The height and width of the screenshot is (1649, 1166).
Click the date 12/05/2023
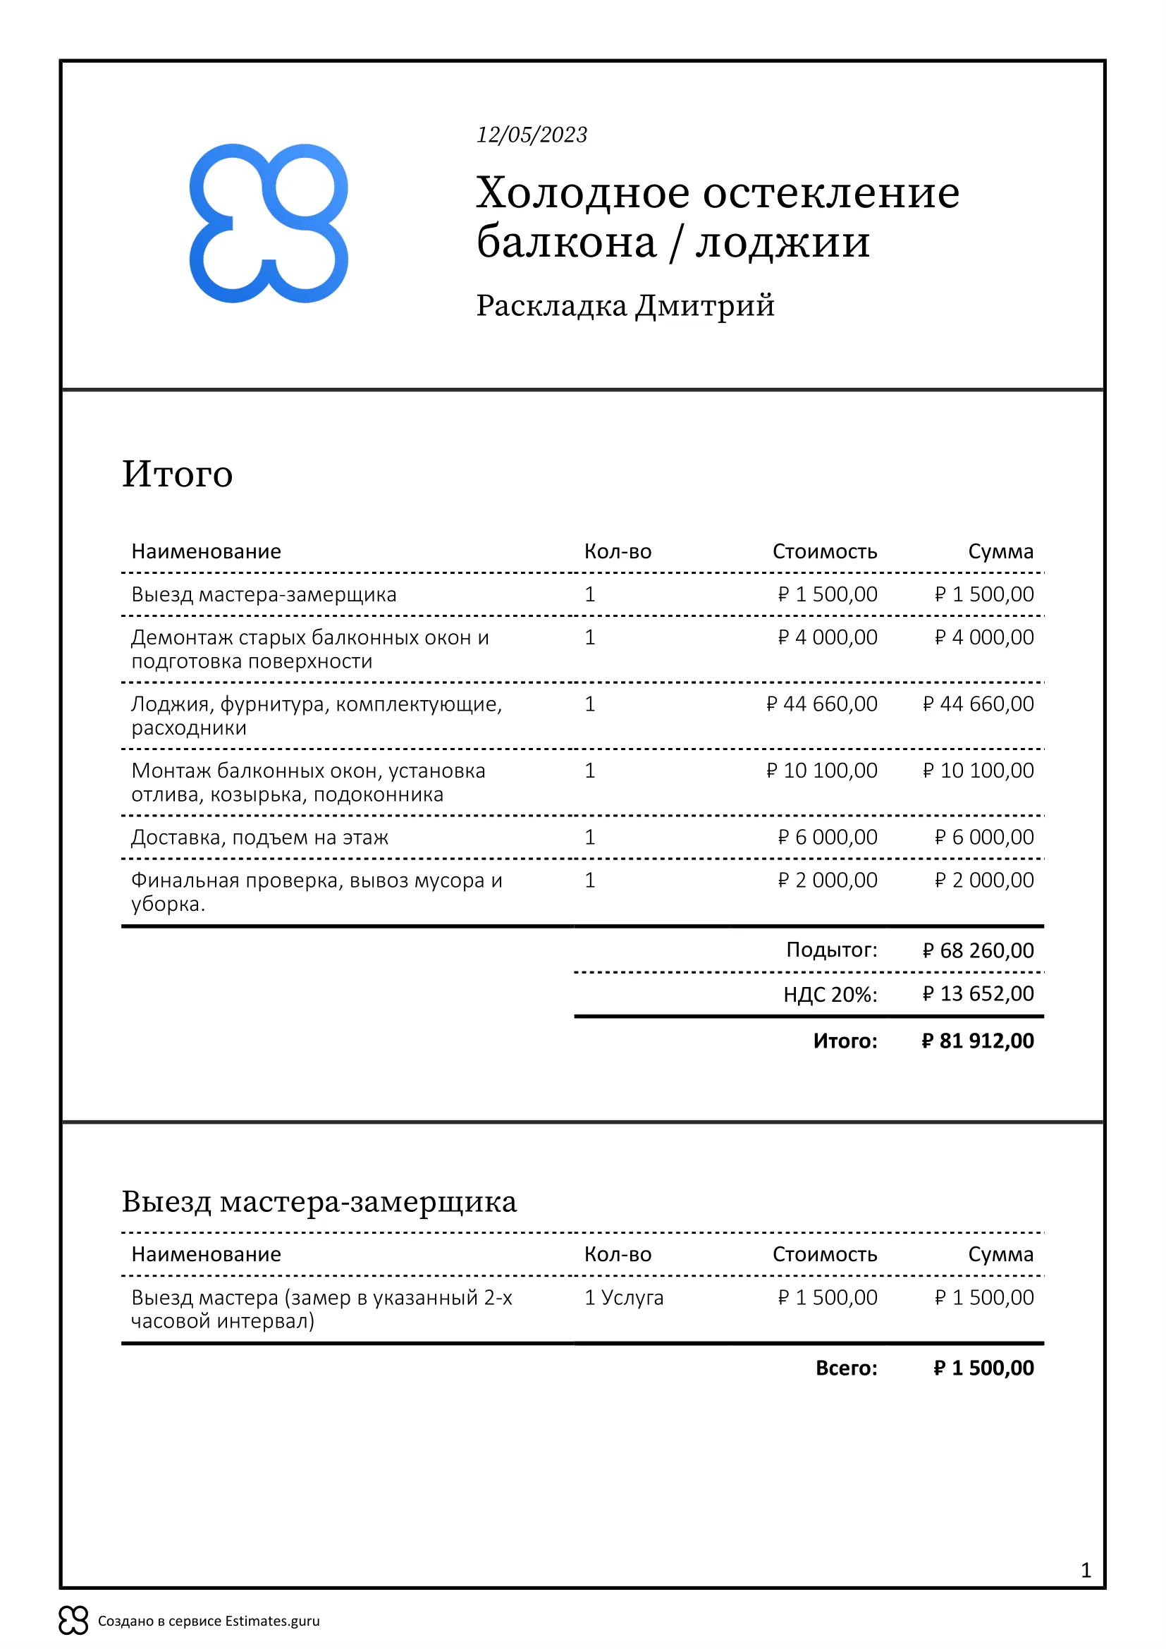[x=532, y=135]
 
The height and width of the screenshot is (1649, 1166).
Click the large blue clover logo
[x=269, y=223]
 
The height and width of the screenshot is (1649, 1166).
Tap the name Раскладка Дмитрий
[x=625, y=306]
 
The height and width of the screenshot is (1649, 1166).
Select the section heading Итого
[x=178, y=474]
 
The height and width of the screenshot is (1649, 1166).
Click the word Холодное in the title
[x=582, y=193]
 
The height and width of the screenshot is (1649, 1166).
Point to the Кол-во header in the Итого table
[x=618, y=551]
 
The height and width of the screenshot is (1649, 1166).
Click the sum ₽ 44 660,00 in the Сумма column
[x=978, y=704]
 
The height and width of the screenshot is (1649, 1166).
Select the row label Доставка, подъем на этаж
[x=259, y=838]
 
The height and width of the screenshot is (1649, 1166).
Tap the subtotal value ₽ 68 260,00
[x=978, y=951]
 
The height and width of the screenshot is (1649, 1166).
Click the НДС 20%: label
[x=830, y=995]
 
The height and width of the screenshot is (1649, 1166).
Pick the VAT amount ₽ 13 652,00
[x=978, y=994]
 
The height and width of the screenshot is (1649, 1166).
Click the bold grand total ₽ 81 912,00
[x=977, y=1041]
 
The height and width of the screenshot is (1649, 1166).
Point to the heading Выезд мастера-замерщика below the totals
[x=319, y=1201]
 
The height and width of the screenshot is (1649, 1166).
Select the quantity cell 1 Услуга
[x=623, y=1297]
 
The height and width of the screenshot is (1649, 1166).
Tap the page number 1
[x=1086, y=1571]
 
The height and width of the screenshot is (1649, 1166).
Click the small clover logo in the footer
[x=73, y=1620]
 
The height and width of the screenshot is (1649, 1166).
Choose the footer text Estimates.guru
[x=272, y=1621]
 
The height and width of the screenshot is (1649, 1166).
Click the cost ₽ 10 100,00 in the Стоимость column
[x=821, y=771]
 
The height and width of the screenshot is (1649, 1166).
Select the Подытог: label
[x=831, y=950]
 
